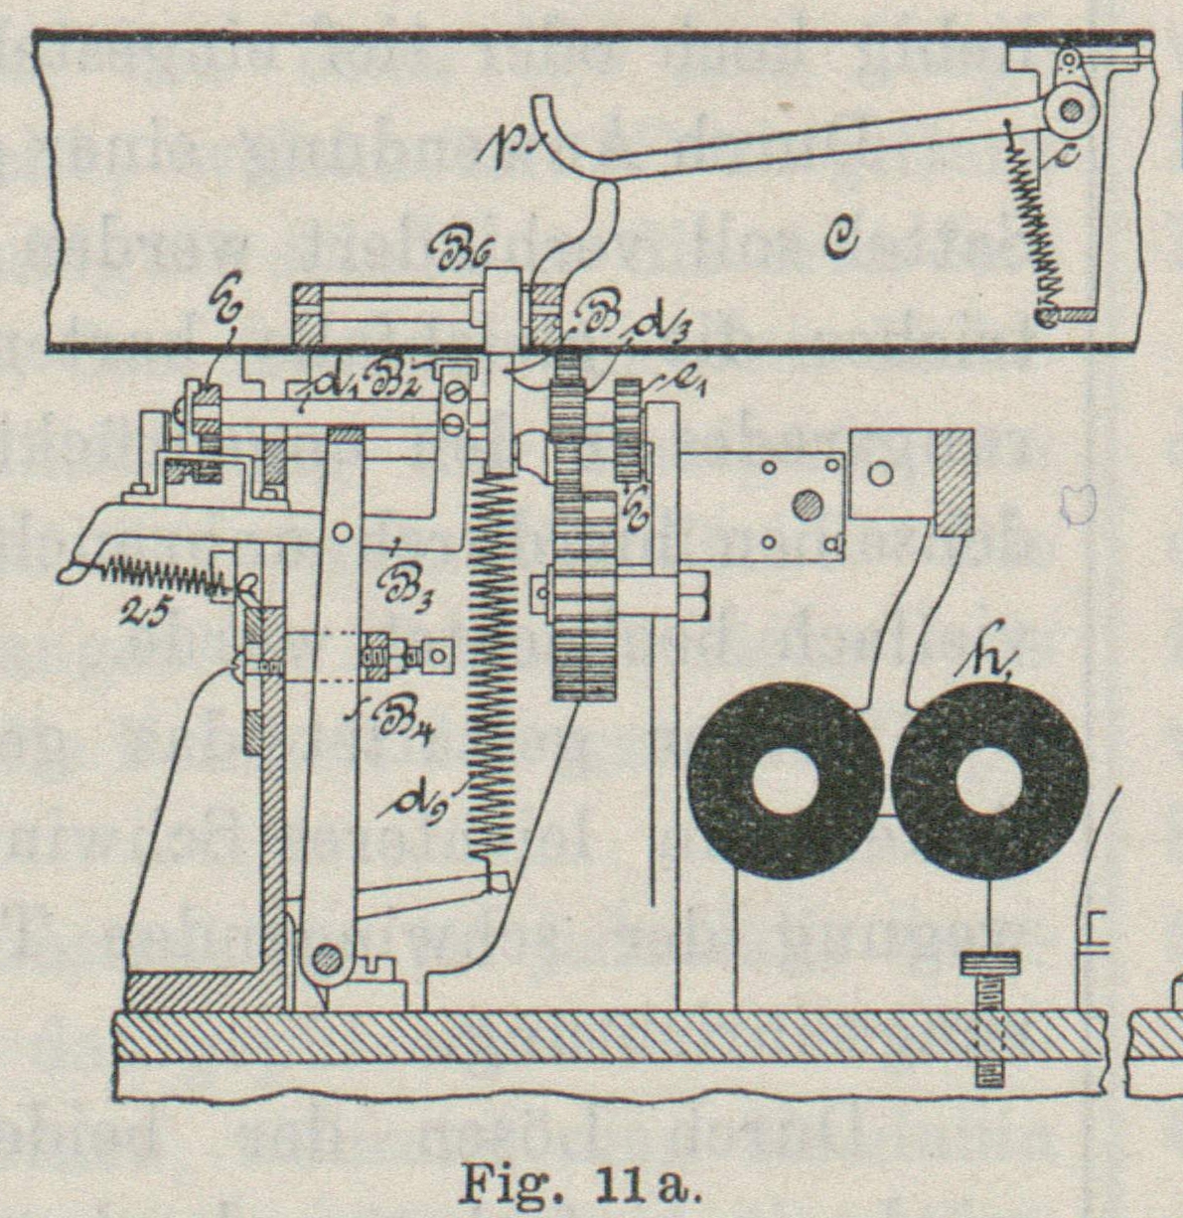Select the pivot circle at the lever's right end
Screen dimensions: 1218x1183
(1071, 110)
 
